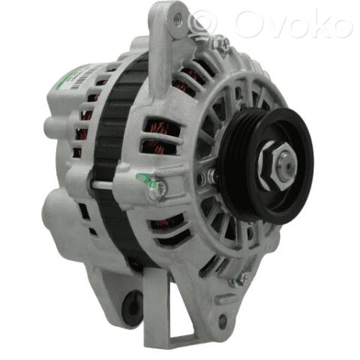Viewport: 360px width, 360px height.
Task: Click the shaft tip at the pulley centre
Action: (x=288, y=166)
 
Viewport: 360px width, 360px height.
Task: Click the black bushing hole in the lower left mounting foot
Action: (x=133, y=304)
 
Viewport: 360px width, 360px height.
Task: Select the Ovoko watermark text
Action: (x=292, y=23)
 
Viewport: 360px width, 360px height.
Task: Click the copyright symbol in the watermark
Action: (x=202, y=23)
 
